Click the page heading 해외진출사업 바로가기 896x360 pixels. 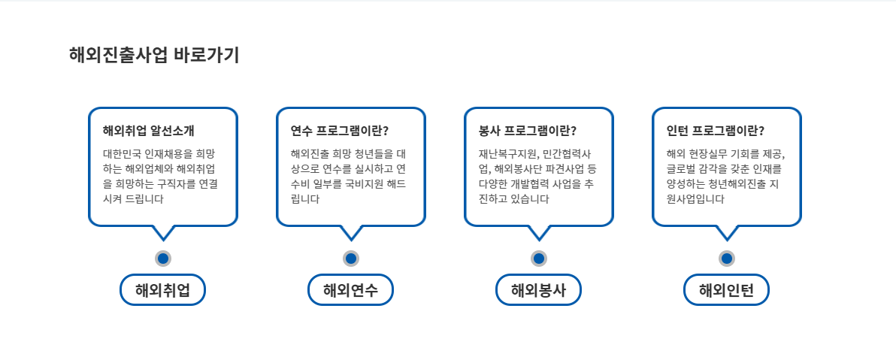[x=154, y=55]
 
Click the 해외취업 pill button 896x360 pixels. [x=162, y=290]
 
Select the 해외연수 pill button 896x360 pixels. [x=350, y=290]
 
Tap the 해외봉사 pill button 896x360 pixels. [x=538, y=290]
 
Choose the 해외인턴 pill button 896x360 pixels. [x=726, y=290]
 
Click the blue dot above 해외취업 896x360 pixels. [x=163, y=259]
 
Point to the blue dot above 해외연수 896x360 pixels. [x=351, y=259]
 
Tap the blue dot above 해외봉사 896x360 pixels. [x=539, y=259]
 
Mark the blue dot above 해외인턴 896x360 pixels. [x=727, y=259]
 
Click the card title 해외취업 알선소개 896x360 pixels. [x=149, y=131]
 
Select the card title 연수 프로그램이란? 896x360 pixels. [x=340, y=131]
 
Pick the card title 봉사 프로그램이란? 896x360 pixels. [x=528, y=131]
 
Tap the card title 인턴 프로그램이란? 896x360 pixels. [x=716, y=131]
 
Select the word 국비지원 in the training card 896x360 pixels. [x=369, y=184]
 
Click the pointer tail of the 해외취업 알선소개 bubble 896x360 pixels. [x=163, y=231]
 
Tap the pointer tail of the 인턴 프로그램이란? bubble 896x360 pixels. [x=727, y=231]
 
